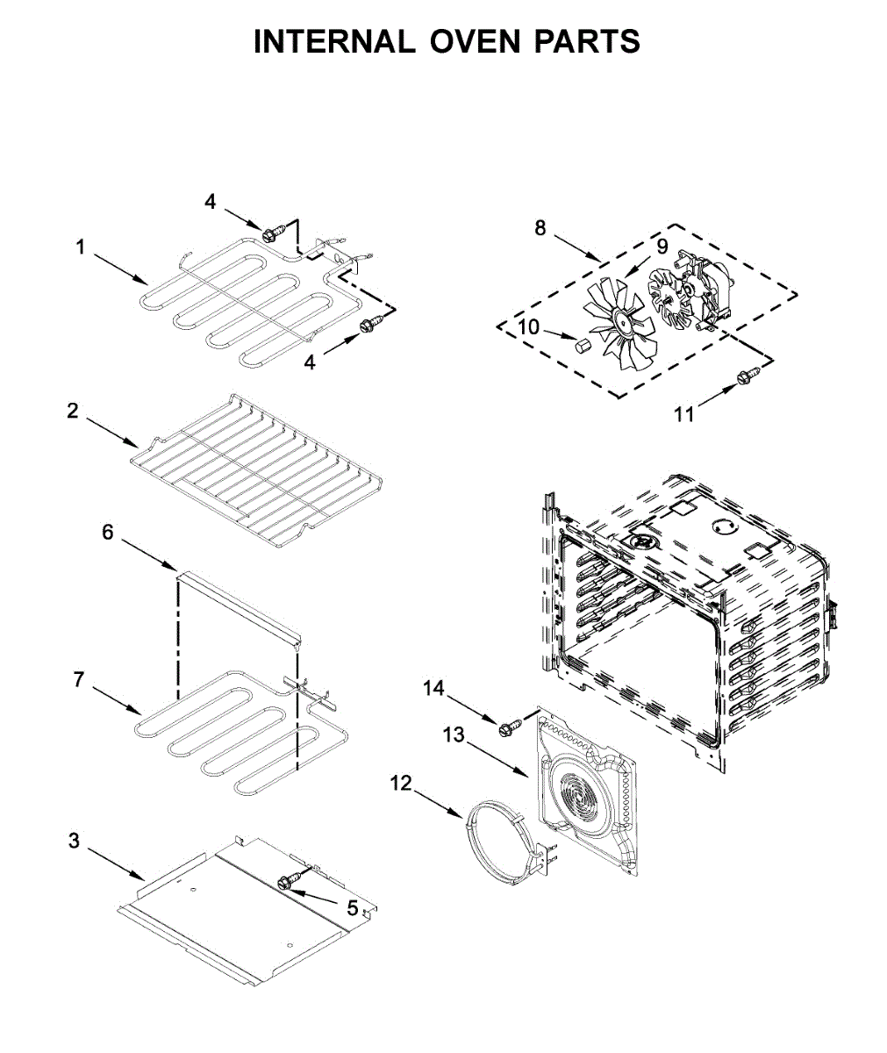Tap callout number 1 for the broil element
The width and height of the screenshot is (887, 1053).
tap(80, 247)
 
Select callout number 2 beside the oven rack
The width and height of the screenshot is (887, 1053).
tap(73, 411)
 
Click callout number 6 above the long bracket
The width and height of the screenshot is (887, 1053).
tap(108, 532)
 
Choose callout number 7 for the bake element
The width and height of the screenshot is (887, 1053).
tap(78, 679)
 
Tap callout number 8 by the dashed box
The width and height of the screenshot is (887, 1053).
tap(540, 228)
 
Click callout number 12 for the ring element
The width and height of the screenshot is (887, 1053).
tap(400, 783)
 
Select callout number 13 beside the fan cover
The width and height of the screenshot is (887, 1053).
tap(453, 734)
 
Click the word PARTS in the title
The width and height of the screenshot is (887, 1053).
tap(588, 41)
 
